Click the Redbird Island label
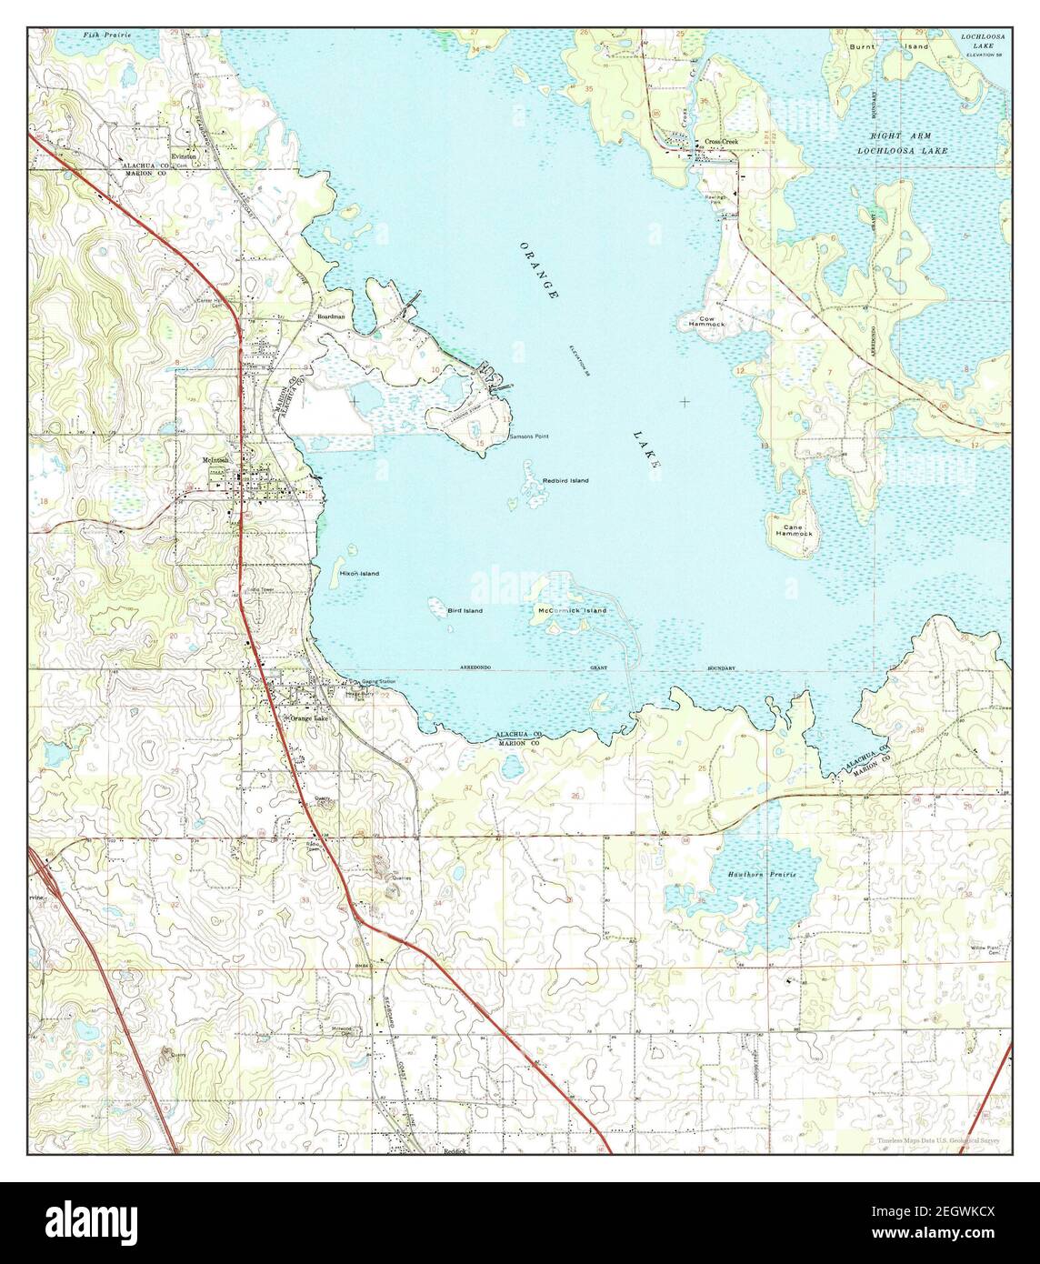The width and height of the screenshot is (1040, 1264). coord(565,480)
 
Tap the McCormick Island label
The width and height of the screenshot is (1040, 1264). coord(572,610)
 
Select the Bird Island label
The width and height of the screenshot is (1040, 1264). coord(465,611)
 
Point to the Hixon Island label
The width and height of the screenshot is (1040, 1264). coord(359,574)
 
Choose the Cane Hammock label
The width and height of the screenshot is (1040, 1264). coord(792,529)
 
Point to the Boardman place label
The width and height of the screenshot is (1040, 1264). coord(331,316)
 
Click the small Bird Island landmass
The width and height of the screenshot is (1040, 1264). coord(435,603)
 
